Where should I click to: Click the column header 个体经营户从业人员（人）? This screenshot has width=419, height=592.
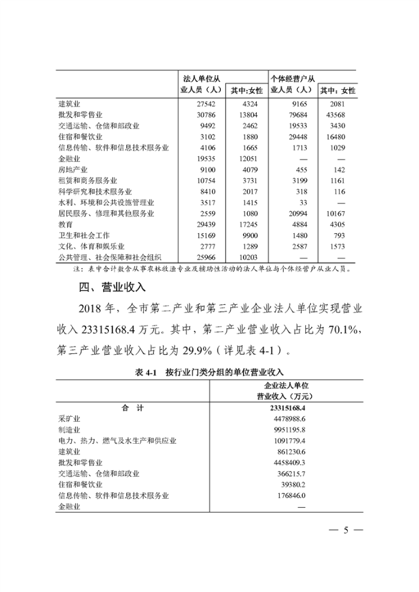click(x=293, y=84)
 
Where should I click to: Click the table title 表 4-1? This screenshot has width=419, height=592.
click(x=145, y=372)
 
